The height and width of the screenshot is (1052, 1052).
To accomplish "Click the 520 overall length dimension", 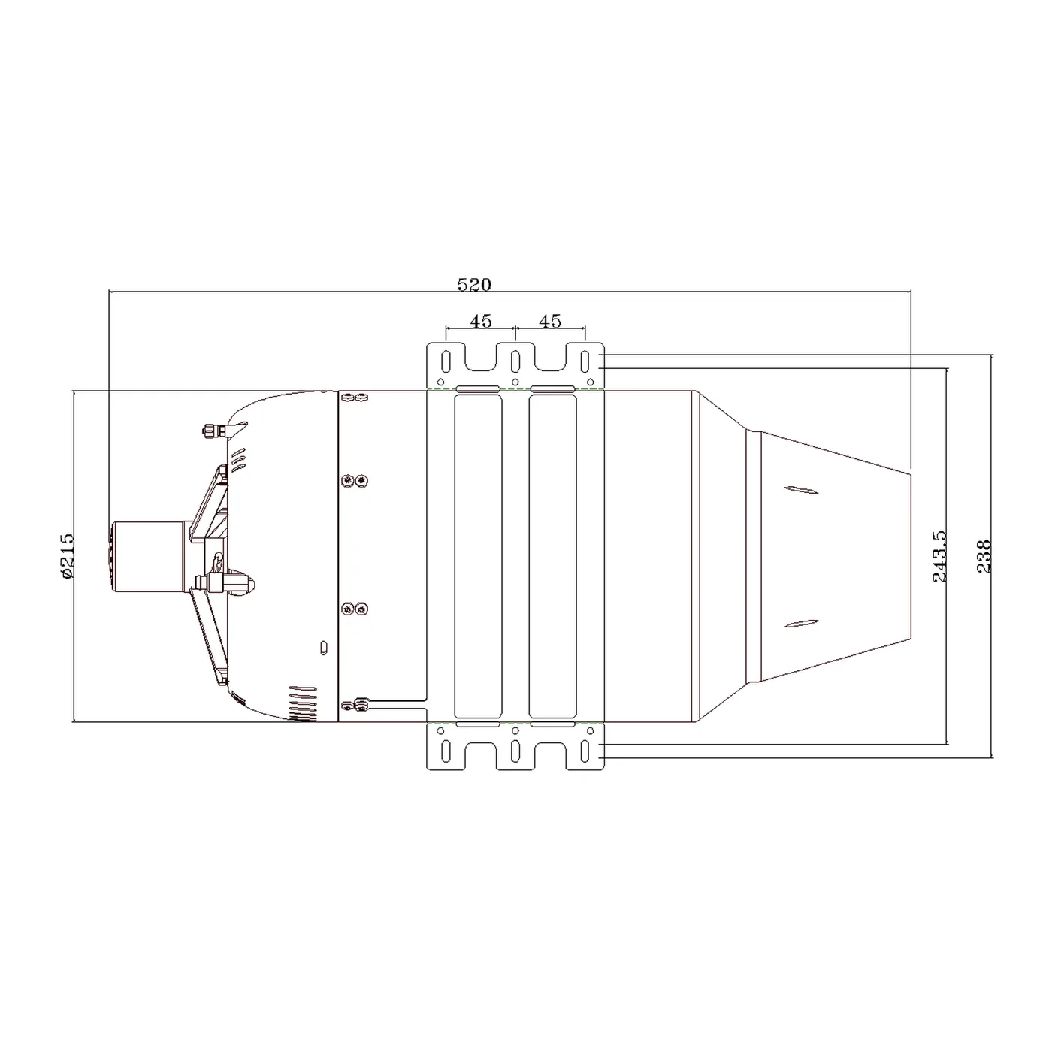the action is click(x=474, y=285).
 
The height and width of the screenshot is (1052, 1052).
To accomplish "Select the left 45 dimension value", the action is click(x=480, y=321).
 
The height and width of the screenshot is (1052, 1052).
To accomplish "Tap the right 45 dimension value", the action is click(x=550, y=321).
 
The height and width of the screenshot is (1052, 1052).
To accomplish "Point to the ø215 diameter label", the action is click(x=67, y=556).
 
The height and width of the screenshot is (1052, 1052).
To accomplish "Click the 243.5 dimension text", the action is click(x=939, y=556).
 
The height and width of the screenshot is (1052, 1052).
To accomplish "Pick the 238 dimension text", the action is click(x=983, y=556).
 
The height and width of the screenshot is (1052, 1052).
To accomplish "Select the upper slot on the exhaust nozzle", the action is click(x=801, y=490).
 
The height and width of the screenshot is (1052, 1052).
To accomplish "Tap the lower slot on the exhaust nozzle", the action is click(x=801, y=624).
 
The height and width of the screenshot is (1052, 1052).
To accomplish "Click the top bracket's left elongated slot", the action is click(x=446, y=361).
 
